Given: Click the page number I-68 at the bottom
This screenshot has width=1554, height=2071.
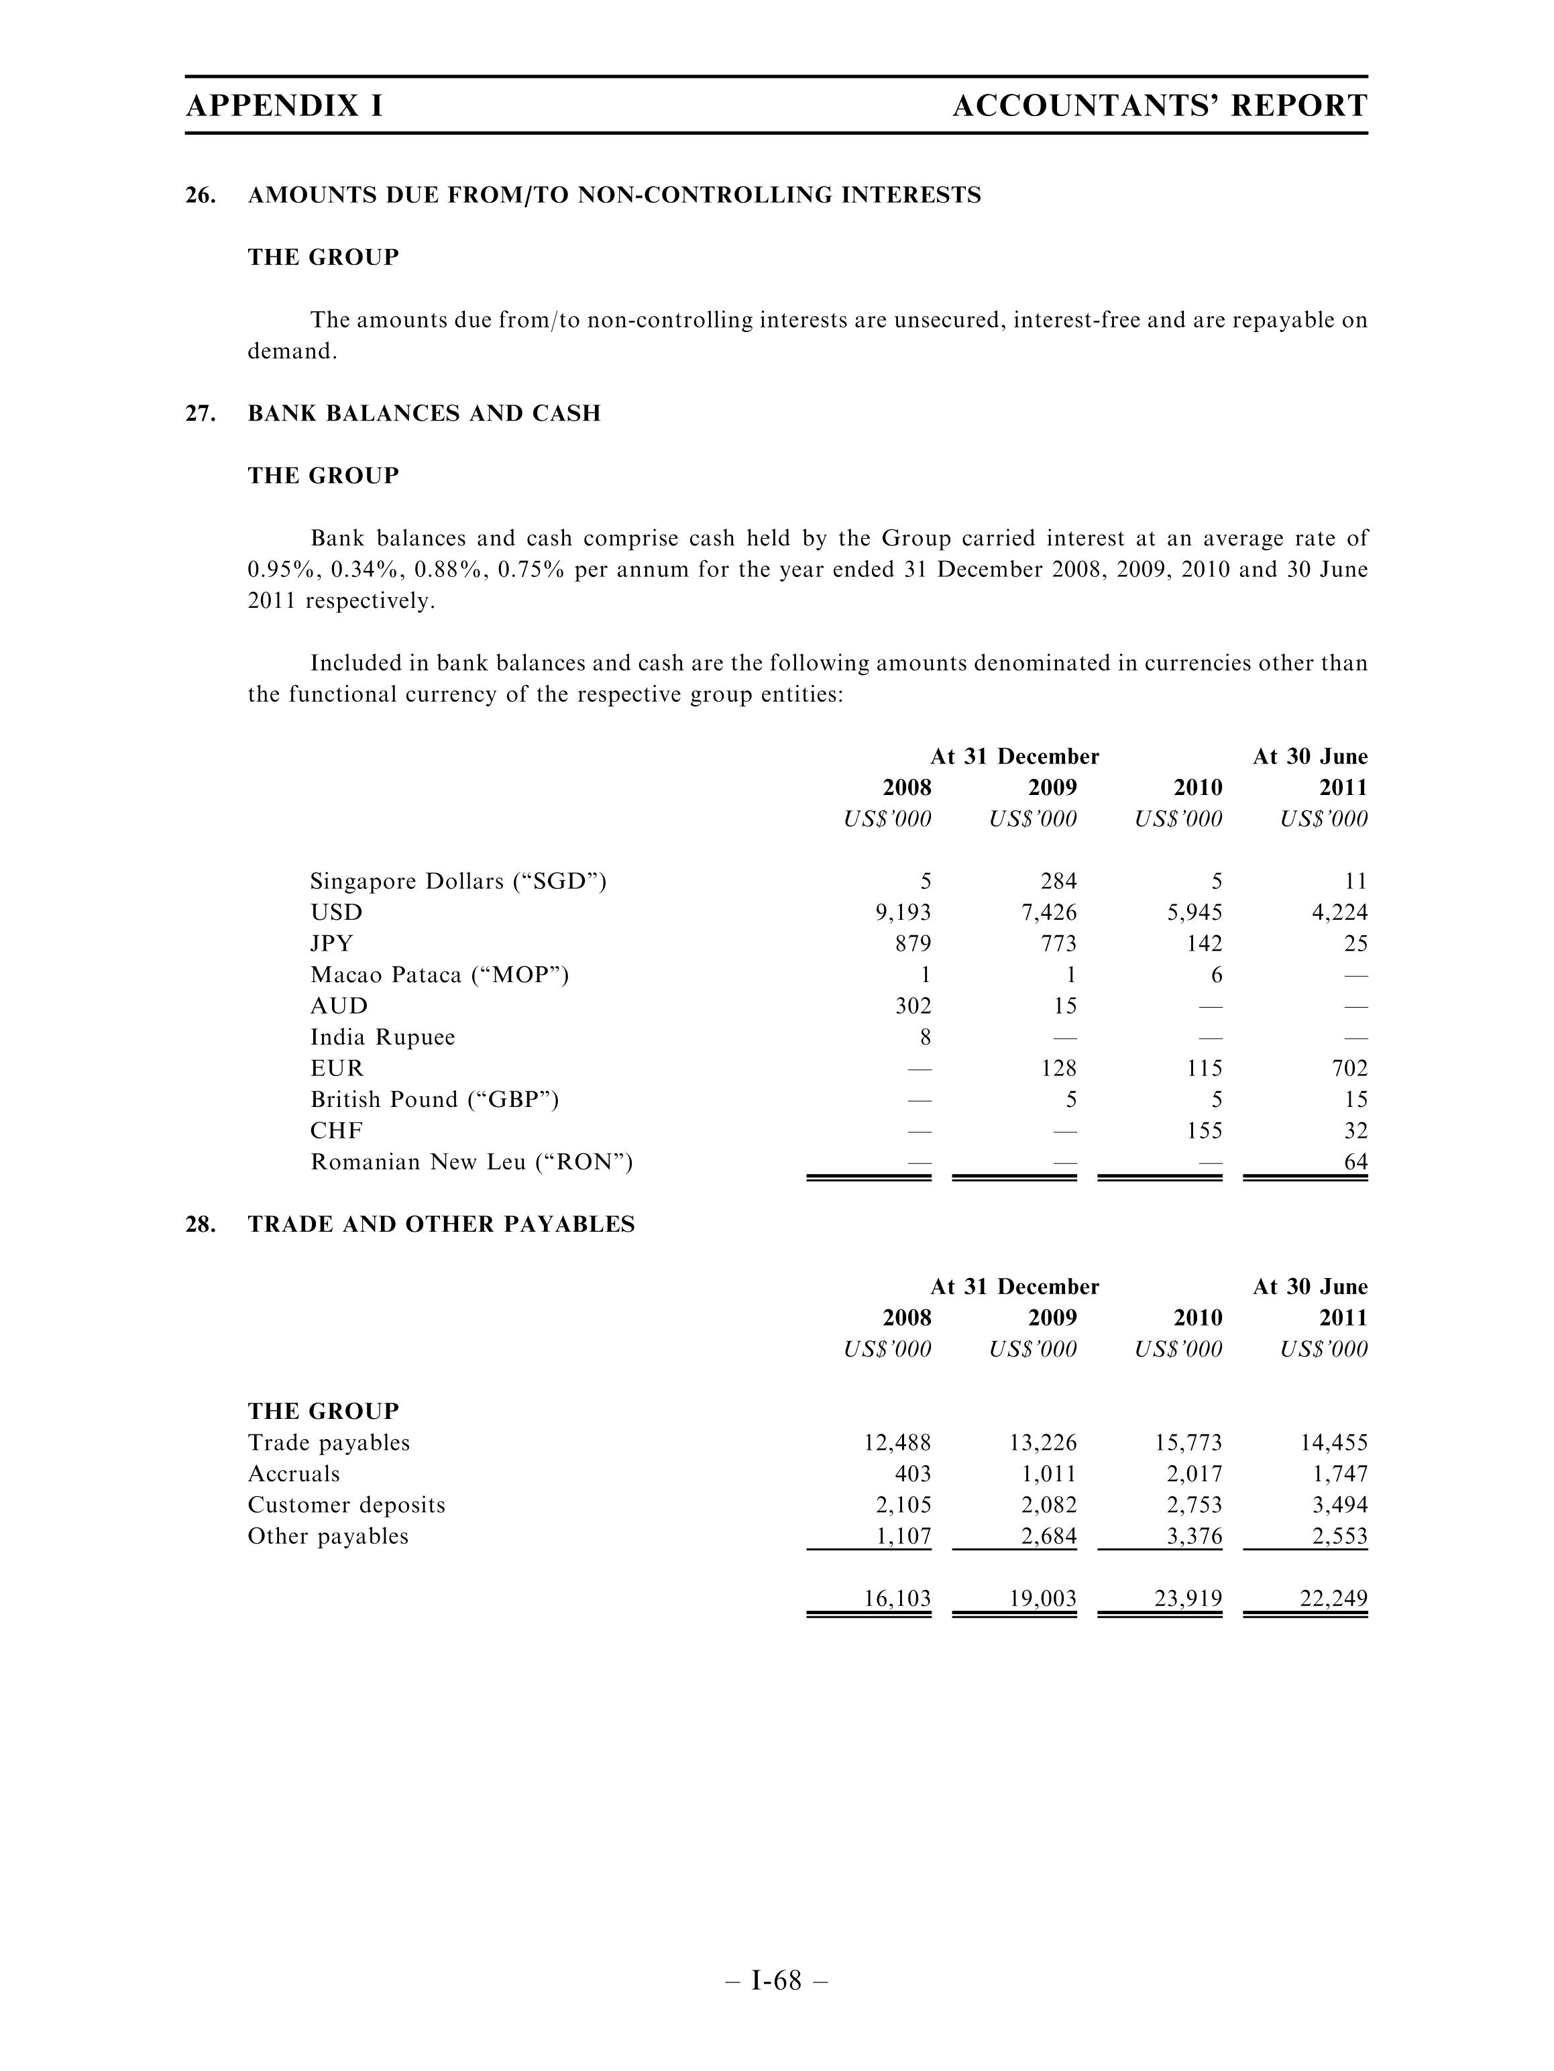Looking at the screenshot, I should coord(776,1980).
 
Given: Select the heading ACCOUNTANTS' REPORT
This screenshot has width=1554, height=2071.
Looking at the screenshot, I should coord(1159,106).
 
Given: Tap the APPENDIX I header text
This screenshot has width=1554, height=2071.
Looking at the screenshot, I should coord(284,106).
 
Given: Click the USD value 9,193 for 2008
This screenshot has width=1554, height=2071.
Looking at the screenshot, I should coord(903,912).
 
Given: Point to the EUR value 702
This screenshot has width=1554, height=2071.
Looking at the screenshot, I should coord(1347,1068).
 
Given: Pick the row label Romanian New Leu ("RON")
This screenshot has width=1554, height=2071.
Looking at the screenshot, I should coord(471,1162).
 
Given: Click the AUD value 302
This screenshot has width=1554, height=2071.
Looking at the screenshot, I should coord(913,1006).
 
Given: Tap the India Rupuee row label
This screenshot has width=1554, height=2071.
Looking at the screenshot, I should coord(383,1037).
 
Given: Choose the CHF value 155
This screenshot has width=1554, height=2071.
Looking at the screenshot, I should coord(1204,1131).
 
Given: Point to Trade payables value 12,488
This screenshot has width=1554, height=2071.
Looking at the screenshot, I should coord(897,1443).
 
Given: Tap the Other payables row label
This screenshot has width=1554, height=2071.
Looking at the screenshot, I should coord(328,1536).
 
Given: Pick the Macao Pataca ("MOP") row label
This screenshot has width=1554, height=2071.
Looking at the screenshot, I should coord(439,975).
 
